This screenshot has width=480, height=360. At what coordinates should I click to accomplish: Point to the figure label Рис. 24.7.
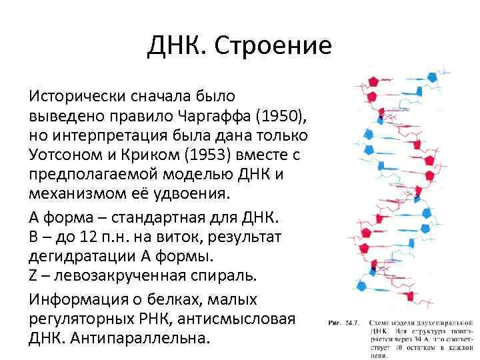pyautogui.click(x=344, y=323)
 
